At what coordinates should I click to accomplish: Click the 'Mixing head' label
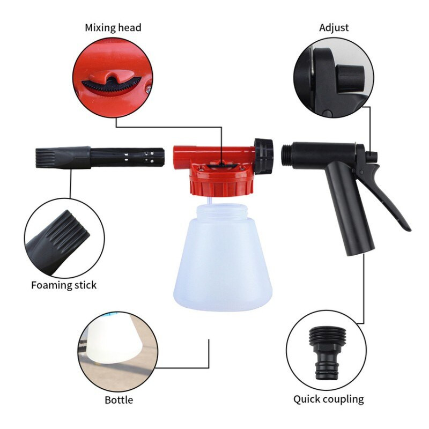[x=113, y=28]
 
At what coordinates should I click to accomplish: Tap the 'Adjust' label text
[x=334, y=28]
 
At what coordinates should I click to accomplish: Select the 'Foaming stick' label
[x=64, y=285]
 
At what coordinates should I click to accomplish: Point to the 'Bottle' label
[x=119, y=400]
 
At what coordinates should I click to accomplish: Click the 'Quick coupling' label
[x=329, y=400]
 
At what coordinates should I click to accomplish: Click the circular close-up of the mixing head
[x=113, y=78]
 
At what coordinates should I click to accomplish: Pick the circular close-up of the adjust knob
[x=334, y=78]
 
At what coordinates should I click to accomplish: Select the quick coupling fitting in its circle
[x=327, y=353]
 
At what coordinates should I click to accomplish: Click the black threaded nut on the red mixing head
[x=263, y=157]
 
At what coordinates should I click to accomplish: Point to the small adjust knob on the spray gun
[x=372, y=157]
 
